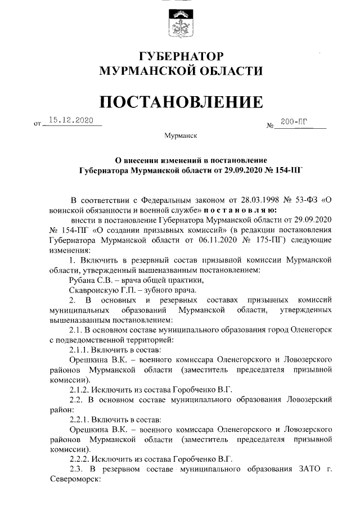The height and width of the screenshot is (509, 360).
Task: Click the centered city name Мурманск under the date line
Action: pyautogui.click(x=181, y=136)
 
